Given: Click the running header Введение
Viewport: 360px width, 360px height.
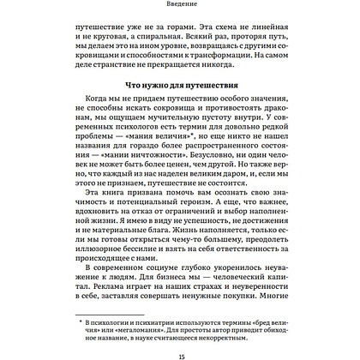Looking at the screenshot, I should [179, 6].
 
